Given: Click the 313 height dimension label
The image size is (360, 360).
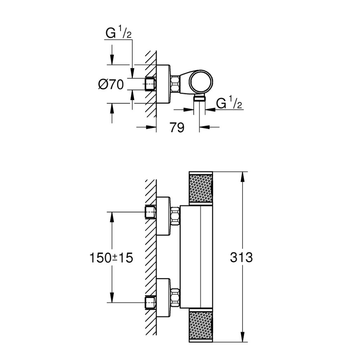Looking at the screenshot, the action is click(241, 257).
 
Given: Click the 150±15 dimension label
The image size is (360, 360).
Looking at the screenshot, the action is click(111, 258).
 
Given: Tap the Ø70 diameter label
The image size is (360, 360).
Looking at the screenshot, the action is click(111, 84).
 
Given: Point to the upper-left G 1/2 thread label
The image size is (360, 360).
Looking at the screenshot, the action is click(118, 34).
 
